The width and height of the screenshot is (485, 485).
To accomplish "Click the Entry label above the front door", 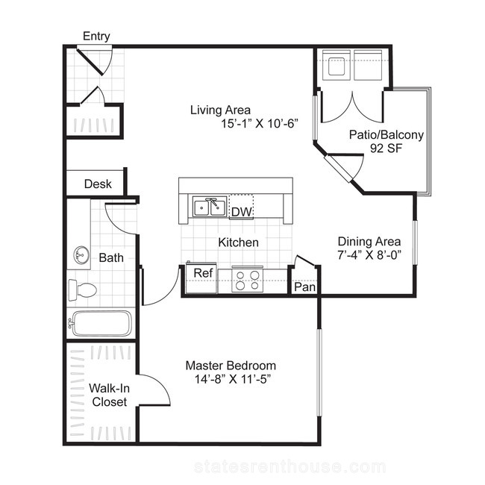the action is (96, 37).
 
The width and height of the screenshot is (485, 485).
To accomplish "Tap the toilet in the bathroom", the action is (82, 290).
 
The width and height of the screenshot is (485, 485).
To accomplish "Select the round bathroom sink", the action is (81, 255).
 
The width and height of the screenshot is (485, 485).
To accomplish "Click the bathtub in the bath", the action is (101, 324).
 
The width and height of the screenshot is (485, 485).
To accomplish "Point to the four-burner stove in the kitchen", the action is (248, 281).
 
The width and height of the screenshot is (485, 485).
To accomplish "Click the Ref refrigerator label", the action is (203, 273).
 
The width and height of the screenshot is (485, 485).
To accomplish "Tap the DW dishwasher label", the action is (241, 212).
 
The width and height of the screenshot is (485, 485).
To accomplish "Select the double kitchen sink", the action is (210, 207).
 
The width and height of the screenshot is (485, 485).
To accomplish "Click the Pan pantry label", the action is (304, 287).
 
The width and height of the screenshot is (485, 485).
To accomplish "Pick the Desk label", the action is (98, 184).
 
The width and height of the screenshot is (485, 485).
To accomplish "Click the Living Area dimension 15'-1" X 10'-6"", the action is (260, 124).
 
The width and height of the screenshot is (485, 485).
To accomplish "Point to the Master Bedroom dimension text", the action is (233, 379).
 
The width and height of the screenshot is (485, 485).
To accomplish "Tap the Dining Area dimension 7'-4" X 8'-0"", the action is (369, 255).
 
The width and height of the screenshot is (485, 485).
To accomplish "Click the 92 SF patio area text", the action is (386, 148).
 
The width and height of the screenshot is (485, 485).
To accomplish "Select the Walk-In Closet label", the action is (109, 395).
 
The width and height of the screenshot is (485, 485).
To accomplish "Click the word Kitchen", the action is (238, 242).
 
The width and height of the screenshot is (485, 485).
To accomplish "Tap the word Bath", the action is (111, 257).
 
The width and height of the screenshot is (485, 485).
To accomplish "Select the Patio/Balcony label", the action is (387, 135).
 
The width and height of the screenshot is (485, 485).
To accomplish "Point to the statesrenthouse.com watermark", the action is (290, 466).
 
